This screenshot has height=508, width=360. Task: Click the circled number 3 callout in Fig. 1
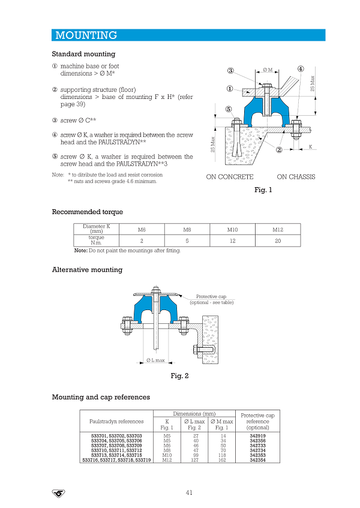pos(230,71)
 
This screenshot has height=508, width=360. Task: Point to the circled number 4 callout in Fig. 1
pos(300,68)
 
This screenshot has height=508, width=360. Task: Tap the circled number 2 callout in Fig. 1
pos(279,150)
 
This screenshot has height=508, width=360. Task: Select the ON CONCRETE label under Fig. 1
pos(229,177)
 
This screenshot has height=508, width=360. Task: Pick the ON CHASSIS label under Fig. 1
pos(296,177)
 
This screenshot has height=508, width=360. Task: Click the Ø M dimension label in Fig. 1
pos(268,70)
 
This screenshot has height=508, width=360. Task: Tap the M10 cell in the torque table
pos(232,230)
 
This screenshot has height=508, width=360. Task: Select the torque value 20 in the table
pos(278,241)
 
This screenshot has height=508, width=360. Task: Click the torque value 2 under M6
pos(141,241)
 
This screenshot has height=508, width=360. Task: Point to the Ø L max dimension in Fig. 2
pos(155,360)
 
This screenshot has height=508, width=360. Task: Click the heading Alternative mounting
pos(87,270)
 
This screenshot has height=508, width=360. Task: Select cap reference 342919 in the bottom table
pos(258,436)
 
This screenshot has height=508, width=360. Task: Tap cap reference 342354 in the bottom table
pos(258,460)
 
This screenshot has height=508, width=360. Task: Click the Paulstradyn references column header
pos(116,421)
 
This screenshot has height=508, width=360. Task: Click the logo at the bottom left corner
pos(58,493)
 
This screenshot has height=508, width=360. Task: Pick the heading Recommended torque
pos(87,212)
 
